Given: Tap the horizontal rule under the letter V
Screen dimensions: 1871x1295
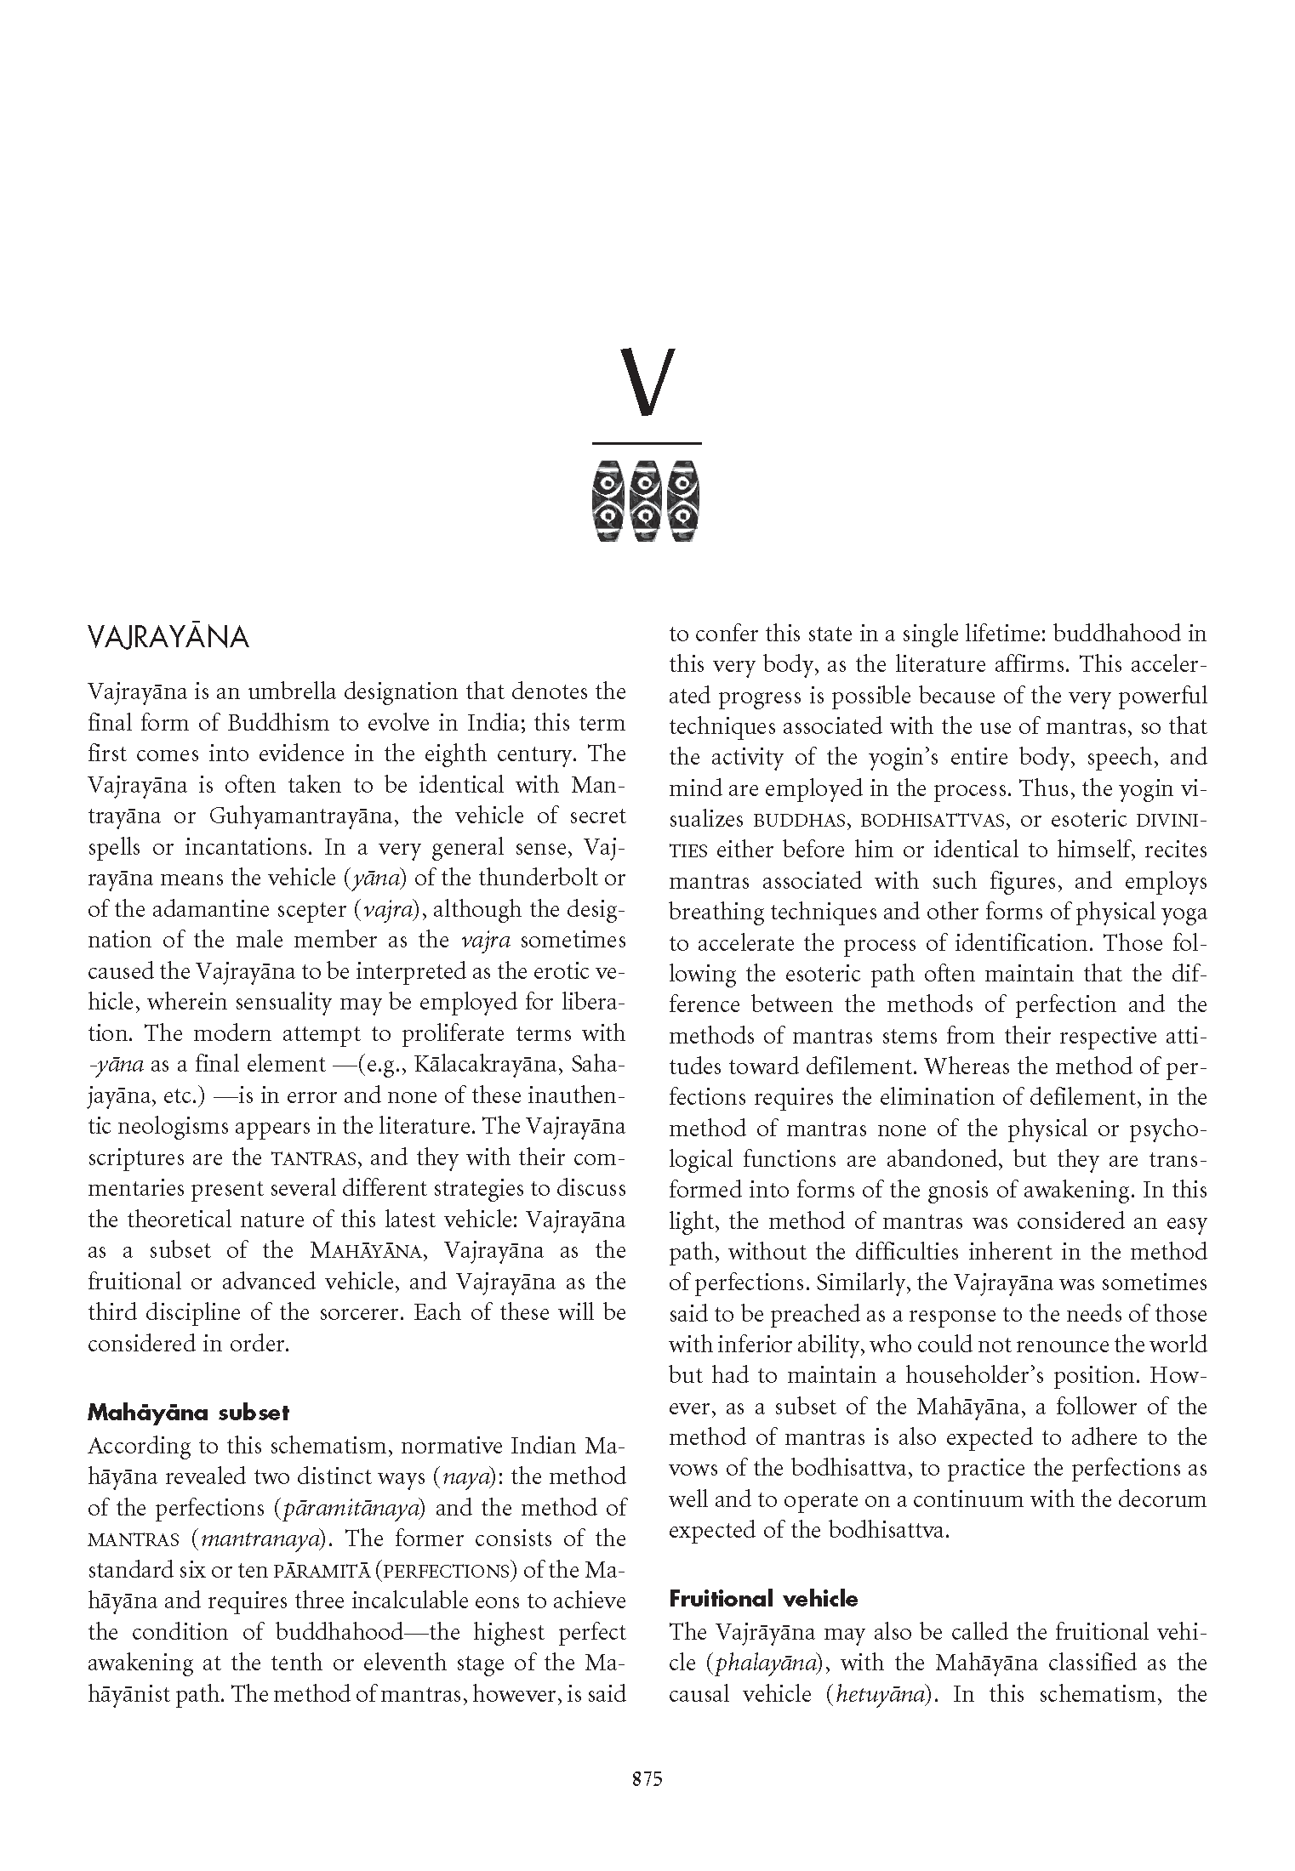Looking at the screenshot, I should [x=647, y=443].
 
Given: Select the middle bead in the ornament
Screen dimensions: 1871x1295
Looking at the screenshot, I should [x=647, y=501].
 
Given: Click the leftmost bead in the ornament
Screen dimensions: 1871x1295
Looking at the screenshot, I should [x=609, y=501].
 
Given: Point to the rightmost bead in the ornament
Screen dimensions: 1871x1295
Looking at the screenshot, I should [x=684, y=501].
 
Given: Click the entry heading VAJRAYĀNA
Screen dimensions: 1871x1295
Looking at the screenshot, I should [x=168, y=638].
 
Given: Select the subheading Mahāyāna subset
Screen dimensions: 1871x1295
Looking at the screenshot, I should [x=188, y=1413].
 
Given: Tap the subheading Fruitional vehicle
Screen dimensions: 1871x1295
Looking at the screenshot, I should [x=763, y=1599].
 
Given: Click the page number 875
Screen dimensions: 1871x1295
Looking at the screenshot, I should [x=647, y=1779].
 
